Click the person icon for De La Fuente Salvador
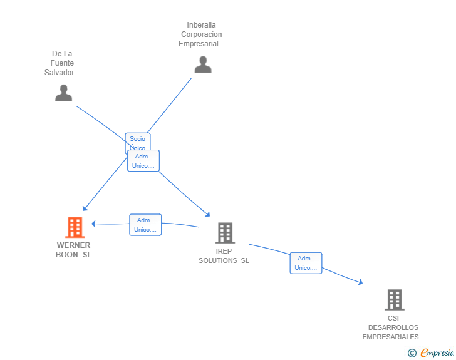63,93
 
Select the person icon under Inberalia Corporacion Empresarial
202,64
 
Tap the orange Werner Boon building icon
75,227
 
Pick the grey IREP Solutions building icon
224,233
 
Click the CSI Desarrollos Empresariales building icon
394,300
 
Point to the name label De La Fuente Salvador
62,63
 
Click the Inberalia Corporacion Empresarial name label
201,34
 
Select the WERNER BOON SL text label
73,250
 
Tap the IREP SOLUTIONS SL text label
224,256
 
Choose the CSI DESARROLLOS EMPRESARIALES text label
393,327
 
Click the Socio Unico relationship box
137,139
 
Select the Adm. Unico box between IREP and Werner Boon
145,225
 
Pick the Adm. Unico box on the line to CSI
306,263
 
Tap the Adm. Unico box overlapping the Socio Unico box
143,161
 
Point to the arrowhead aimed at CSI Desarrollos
360,282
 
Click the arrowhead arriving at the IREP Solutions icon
208,214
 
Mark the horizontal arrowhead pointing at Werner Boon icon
93,224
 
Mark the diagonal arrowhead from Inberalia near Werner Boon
85,208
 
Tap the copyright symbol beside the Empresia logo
412,353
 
